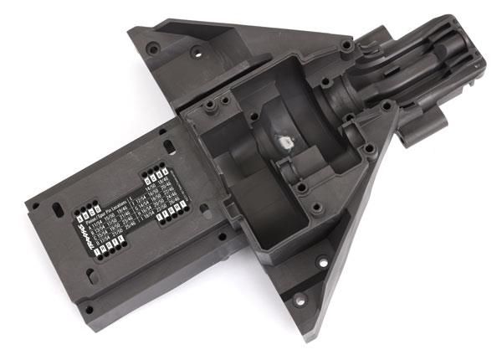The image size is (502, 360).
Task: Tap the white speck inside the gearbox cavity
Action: [x=284, y=142]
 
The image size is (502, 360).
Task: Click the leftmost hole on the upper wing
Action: [x=153, y=49]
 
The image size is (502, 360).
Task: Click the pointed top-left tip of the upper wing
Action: [x=132, y=30]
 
